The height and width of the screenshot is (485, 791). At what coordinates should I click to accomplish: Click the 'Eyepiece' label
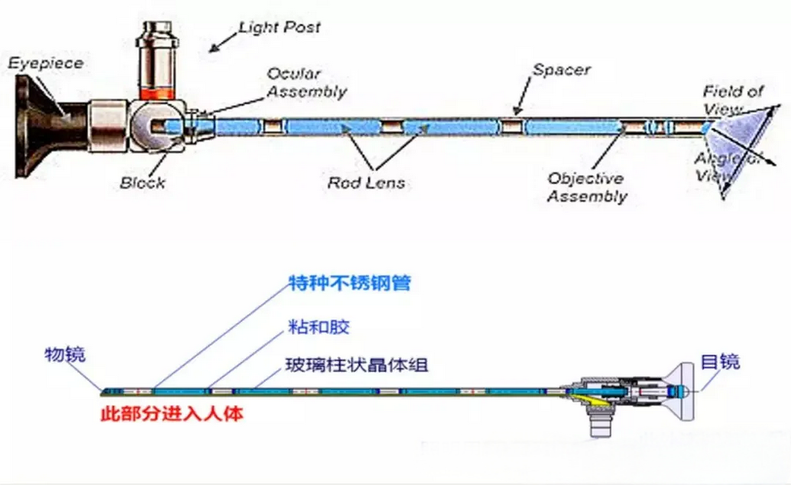pyautogui.click(x=45, y=63)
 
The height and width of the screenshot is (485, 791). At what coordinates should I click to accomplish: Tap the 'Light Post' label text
pyautogui.click(x=279, y=28)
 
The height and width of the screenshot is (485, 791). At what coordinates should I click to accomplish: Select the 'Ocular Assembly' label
pyautogui.click(x=306, y=83)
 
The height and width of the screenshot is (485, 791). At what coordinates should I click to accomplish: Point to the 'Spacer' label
pyautogui.click(x=561, y=70)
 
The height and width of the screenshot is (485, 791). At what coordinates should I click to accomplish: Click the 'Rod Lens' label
pyautogui.click(x=366, y=183)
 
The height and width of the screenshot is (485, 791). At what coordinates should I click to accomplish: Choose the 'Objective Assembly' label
pyautogui.click(x=586, y=187)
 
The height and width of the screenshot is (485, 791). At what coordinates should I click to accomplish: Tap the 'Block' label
pyautogui.click(x=142, y=183)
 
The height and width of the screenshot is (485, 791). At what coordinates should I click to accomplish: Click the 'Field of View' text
pyautogui.click(x=732, y=99)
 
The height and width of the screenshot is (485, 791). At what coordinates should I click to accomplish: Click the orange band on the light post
pyautogui.click(x=157, y=92)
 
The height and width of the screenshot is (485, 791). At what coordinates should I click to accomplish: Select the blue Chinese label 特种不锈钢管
pyautogui.click(x=349, y=283)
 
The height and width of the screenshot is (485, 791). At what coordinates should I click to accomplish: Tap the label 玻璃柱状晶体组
pyautogui.click(x=356, y=364)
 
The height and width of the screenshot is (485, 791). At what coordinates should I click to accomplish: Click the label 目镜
pyautogui.click(x=720, y=361)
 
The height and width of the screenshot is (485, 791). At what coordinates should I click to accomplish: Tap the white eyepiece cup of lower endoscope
pyautogui.click(x=684, y=391)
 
